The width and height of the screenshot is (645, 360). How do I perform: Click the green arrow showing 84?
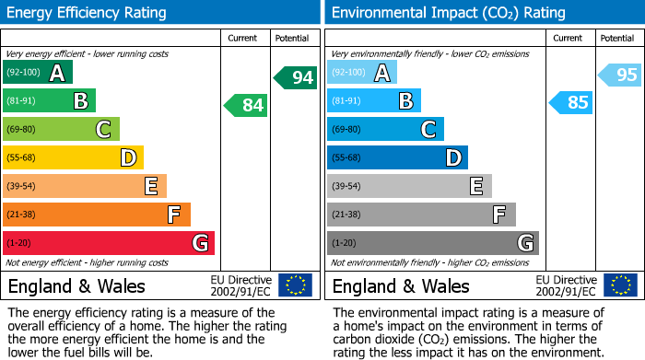point(246,105)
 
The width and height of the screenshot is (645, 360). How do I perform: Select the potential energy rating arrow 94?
point(296,77)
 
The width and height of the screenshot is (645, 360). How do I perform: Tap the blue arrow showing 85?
point(570,102)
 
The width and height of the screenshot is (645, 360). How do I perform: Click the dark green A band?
point(38,72)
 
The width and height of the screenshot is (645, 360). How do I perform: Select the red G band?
point(109,243)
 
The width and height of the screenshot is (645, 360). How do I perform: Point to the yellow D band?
point(73,157)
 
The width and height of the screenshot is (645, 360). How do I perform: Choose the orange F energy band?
point(97,215)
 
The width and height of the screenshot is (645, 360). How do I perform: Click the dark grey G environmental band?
point(432,243)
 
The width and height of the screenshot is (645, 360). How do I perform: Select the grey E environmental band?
point(409,186)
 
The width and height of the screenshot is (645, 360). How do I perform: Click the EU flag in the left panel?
point(296,285)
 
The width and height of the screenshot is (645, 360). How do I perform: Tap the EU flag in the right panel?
point(621,285)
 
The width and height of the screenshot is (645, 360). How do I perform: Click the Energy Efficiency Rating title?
point(88,13)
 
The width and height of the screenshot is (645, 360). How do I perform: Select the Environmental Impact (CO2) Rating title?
point(448,13)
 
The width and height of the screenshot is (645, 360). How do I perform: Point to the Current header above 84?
point(243,38)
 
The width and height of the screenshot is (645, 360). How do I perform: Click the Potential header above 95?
point(616,38)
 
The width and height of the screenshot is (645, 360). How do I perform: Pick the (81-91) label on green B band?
point(21,100)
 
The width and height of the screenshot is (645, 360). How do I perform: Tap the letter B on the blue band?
point(405,100)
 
